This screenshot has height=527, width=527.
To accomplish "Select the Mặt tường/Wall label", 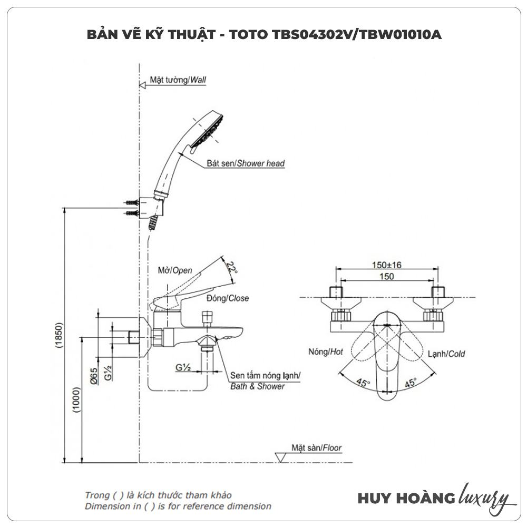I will tap(178, 80).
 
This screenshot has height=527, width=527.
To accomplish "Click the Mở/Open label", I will tap(175, 270).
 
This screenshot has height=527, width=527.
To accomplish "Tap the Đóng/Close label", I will tap(228, 298).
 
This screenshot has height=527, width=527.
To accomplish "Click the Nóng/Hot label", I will tap(327, 352).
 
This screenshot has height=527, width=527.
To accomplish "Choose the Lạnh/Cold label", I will tap(446, 354).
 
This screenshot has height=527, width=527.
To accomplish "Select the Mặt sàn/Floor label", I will tap(317, 448).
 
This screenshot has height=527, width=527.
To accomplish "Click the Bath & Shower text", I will tap(258, 386).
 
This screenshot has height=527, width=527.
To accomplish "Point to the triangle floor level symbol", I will tap(281, 457).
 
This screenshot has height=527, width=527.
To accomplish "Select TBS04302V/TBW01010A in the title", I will tap(357, 35).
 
